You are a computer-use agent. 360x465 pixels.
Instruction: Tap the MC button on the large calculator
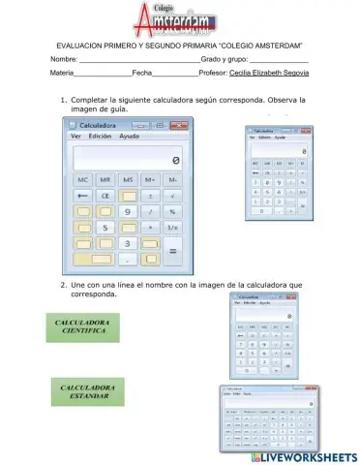pos(82,180)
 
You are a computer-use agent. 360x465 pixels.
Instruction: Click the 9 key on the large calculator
pos(128,211)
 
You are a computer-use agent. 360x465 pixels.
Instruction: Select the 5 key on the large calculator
pos(105,227)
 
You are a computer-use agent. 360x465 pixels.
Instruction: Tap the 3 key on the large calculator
pos(128,243)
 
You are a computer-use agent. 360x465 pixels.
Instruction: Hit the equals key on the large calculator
pos(173,251)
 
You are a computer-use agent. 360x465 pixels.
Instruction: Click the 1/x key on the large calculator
pos(173,227)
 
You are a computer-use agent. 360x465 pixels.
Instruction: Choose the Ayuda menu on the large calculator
pos(129,137)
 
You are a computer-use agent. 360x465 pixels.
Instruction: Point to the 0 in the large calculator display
pos(175,160)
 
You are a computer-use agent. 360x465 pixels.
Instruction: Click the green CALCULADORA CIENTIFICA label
pos(82,326)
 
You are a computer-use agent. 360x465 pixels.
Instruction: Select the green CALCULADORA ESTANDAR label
pos(84,392)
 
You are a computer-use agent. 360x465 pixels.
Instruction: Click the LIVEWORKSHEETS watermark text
pos(308,456)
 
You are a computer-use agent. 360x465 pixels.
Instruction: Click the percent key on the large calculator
pos(173,211)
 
